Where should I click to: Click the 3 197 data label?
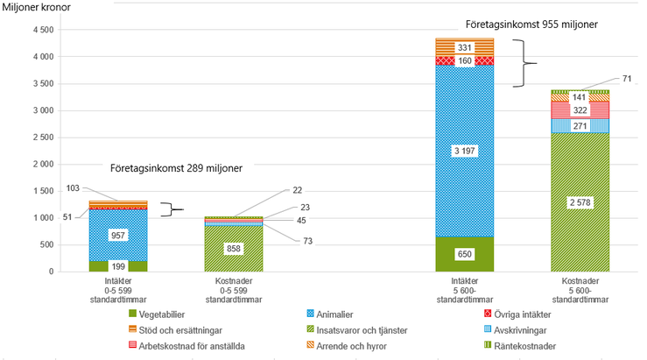coord(464,151)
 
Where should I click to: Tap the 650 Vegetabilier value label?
coord(464,254)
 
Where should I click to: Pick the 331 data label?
coord(464,47)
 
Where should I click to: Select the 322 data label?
coord(579,109)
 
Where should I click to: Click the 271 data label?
coord(579,126)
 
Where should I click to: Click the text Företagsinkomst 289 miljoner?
coord(175,167)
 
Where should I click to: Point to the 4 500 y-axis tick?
coord(41,30)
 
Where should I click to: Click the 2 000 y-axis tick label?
coord(41,164)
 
